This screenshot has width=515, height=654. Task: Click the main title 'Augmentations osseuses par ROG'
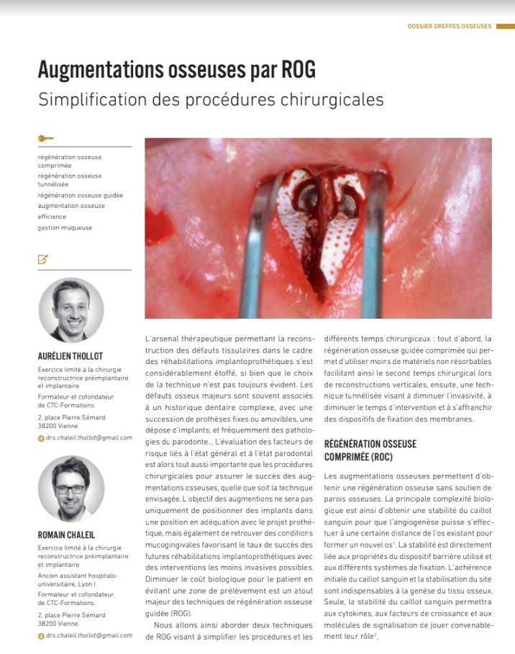(x=176, y=71)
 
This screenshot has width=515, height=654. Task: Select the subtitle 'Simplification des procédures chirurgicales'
(x=211, y=99)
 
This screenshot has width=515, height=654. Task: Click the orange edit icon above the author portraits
(x=43, y=260)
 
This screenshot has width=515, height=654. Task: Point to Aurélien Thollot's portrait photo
(x=71, y=310)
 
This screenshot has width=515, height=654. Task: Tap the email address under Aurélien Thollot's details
(x=89, y=437)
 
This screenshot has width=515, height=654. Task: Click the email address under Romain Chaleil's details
(x=89, y=635)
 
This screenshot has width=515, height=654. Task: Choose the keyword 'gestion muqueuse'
(x=65, y=228)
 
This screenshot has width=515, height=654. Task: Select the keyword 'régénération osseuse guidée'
(x=81, y=195)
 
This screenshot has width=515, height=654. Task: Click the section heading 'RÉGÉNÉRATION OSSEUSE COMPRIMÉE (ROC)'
(x=370, y=450)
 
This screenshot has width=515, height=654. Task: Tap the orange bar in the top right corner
(x=505, y=27)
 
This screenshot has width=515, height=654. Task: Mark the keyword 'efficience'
(x=52, y=217)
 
